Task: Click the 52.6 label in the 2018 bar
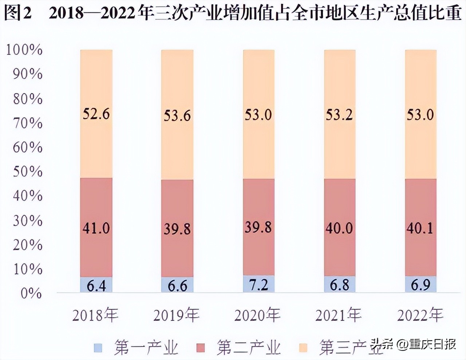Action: point(96,114)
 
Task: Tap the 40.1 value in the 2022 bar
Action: point(420,228)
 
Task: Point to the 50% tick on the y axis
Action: point(28,172)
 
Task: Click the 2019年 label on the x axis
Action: point(177,315)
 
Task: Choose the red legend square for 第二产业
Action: point(201,348)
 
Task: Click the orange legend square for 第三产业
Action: point(303,348)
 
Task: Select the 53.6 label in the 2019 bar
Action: point(177,116)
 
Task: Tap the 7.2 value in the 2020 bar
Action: point(258,284)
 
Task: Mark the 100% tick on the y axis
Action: point(24,50)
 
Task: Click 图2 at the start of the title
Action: point(18,13)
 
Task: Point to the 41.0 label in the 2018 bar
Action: point(96,228)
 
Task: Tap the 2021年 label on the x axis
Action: point(339,315)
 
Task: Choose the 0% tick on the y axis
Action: point(31,293)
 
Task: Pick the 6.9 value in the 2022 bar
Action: point(420,285)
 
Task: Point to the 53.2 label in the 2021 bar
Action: point(339,115)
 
